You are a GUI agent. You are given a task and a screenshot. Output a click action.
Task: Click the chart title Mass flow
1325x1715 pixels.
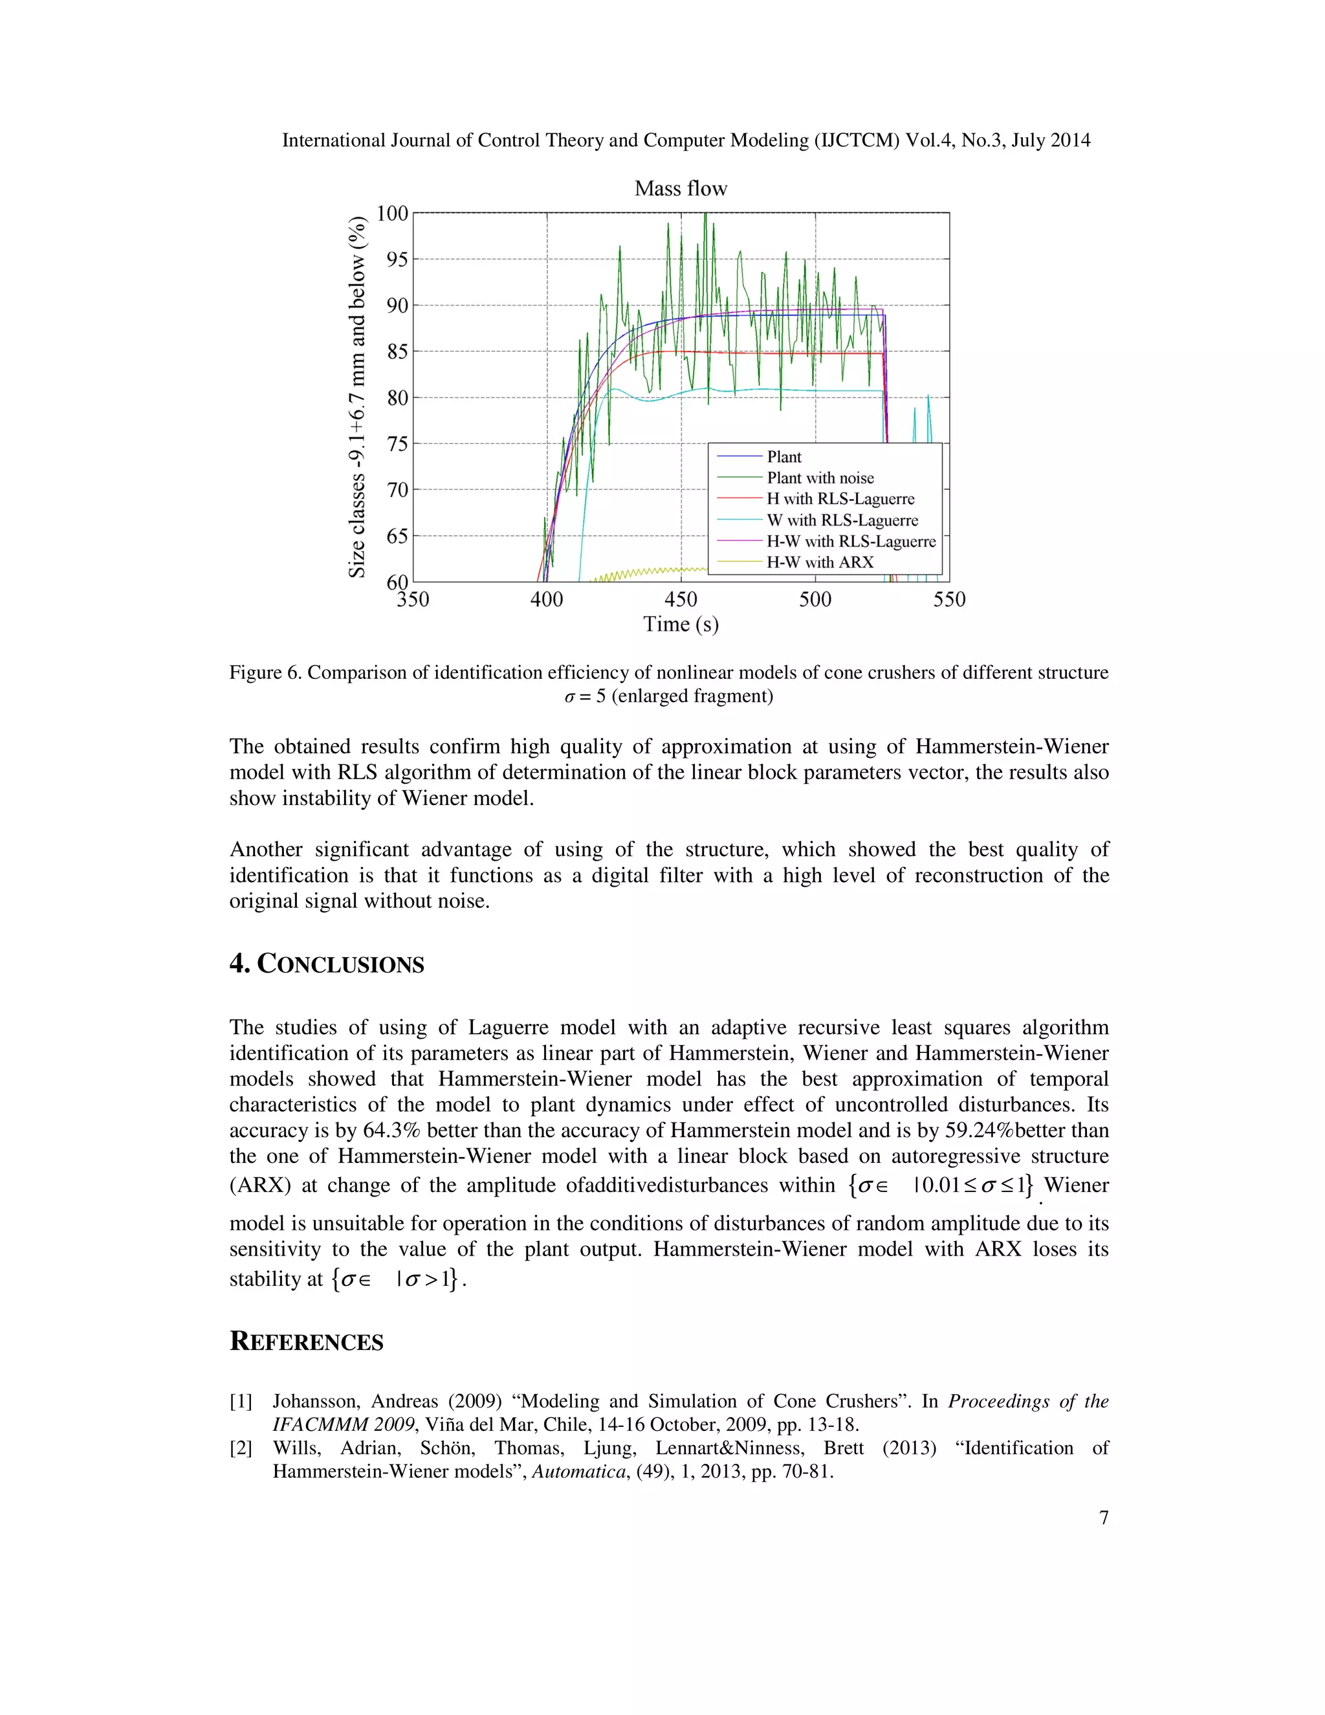click(680, 188)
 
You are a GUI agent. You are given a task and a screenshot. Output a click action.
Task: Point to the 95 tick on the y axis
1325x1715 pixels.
click(393, 259)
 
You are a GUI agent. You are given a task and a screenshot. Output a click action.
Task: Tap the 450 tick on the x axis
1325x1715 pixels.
click(680, 600)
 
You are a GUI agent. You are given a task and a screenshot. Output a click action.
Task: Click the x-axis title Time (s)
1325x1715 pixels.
click(680, 625)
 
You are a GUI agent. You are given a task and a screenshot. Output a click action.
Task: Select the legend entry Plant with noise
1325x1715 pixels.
click(820, 478)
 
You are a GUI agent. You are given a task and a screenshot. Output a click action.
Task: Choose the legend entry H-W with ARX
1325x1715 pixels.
click(820, 562)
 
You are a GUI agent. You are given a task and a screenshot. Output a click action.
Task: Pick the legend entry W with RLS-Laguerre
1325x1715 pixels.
click(842, 520)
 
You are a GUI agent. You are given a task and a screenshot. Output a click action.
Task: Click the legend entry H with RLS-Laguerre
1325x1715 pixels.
click(840, 500)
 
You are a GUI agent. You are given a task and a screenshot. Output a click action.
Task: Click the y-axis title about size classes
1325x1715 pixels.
click(357, 397)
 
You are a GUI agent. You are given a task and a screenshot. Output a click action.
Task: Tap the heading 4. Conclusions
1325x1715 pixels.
click(327, 964)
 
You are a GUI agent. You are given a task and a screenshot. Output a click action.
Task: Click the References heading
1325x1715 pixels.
click(306, 1342)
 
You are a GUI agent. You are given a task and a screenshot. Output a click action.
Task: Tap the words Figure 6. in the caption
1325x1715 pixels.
click(265, 673)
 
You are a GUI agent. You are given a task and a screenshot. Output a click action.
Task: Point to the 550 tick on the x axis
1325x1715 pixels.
click(948, 600)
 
